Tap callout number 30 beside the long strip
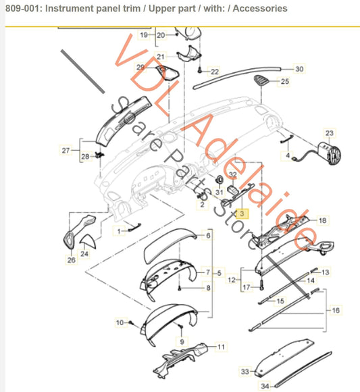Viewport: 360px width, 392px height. (x=299, y=70)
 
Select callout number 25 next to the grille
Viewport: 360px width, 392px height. (x=284, y=82)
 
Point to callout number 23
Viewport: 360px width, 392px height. (x=330, y=133)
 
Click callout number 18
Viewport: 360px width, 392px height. (x=322, y=221)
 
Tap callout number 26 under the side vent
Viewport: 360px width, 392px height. (x=72, y=260)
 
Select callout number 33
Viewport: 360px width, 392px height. (x=245, y=372)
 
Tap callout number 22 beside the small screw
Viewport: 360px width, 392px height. (x=215, y=71)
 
